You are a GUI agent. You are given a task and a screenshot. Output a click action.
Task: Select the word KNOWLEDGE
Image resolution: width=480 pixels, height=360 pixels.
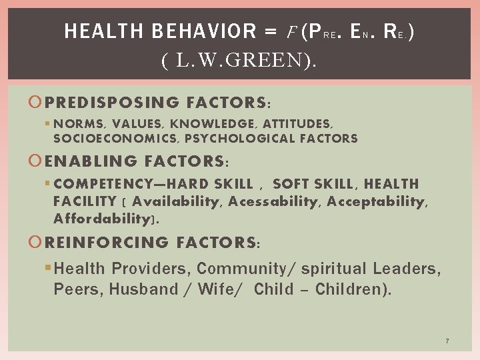point(213,123)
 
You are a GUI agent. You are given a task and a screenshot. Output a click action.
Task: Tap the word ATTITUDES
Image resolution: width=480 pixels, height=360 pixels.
point(297,123)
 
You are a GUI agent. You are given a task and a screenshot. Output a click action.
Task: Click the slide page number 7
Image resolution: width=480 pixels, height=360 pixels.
point(447,341)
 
